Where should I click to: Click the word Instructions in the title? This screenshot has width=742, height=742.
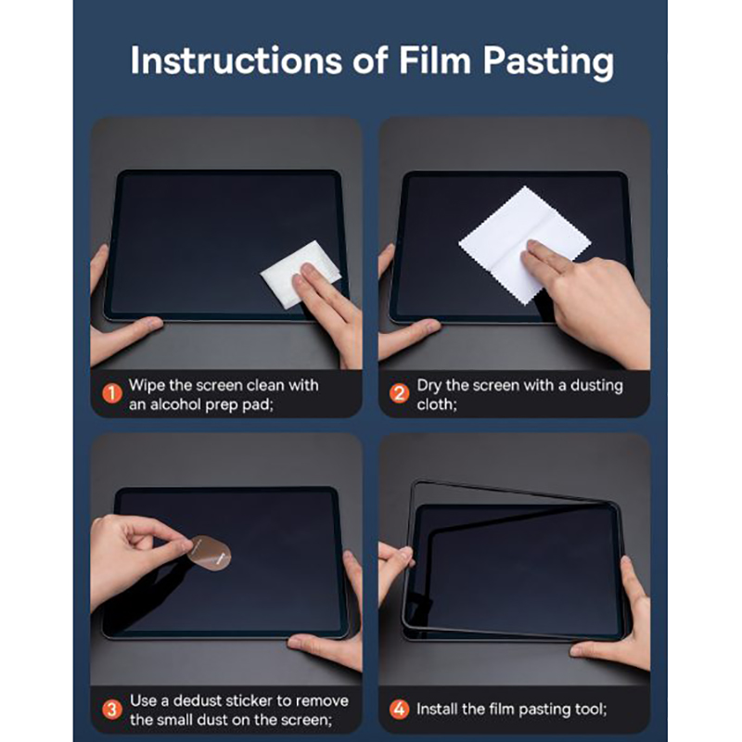tap(237, 60)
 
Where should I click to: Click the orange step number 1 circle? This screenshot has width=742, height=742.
tap(112, 393)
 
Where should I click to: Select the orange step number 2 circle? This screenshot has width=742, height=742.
tap(399, 393)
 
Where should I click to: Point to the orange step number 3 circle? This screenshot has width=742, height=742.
tap(112, 710)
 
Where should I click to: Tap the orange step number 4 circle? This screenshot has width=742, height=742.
tap(399, 709)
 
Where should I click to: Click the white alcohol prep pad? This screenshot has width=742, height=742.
tap(300, 275)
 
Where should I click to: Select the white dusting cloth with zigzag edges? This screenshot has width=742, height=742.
tap(524, 246)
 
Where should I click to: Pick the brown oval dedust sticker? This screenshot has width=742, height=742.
tap(210, 553)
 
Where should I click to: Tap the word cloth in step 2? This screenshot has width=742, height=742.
tap(435, 404)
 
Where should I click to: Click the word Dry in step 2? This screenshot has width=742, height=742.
tap(429, 387)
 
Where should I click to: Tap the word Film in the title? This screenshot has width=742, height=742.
tap(435, 60)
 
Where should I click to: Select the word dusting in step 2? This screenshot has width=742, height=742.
tap(596, 387)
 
